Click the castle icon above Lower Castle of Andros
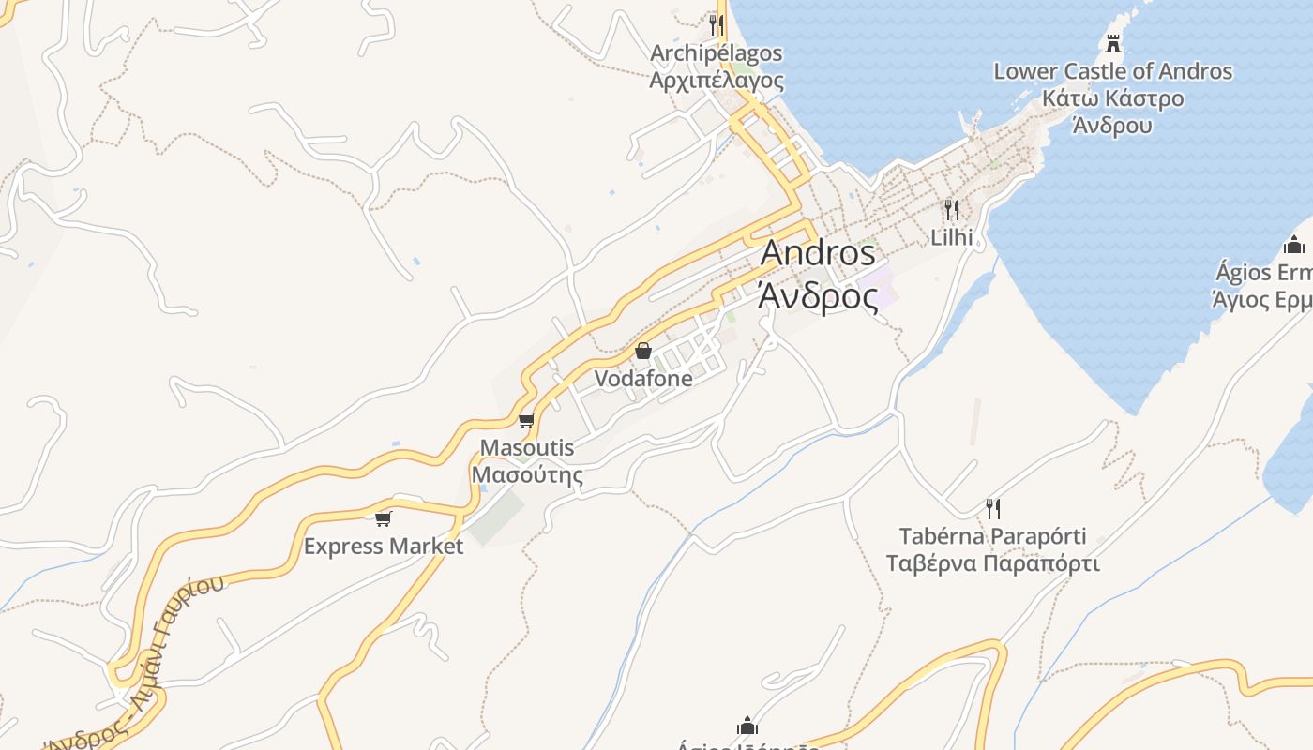point(1113,43)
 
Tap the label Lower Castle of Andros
point(1112,71)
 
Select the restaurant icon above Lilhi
point(952,209)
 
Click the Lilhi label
point(952,237)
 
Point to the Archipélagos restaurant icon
point(717,24)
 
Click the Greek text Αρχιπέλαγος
point(717,81)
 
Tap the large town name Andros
point(818,253)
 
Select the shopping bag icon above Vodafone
point(643,352)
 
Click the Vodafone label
point(643,379)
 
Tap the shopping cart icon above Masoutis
point(526,420)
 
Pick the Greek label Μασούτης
point(526,475)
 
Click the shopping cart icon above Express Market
point(383,518)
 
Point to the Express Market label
point(383,547)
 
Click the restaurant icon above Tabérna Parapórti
point(993,508)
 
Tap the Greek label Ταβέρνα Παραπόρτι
point(993,564)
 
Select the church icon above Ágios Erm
point(1294,246)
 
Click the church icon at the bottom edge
point(747,726)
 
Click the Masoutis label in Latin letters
point(526,448)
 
